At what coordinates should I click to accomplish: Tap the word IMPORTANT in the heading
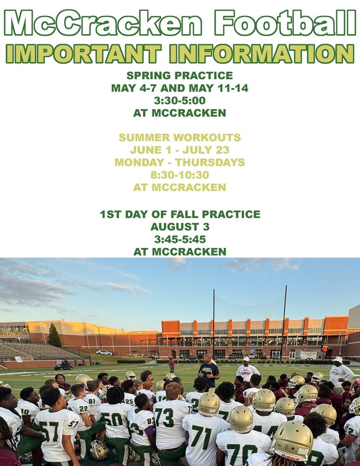tap(83, 54)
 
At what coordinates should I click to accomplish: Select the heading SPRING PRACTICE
tap(179, 76)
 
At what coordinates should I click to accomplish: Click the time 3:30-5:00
tap(179, 100)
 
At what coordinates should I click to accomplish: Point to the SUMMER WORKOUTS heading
tap(179, 137)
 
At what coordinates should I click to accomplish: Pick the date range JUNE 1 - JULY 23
tap(179, 150)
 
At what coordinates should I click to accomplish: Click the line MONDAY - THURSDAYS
tap(179, 163)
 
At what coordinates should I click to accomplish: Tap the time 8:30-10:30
tap(179, 175)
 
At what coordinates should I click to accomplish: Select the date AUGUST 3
tap(179, 227)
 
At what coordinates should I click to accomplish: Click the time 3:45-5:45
tap(179, 240)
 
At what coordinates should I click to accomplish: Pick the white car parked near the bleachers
tap(104, 353)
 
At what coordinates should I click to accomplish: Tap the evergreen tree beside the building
tap(54, 336)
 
